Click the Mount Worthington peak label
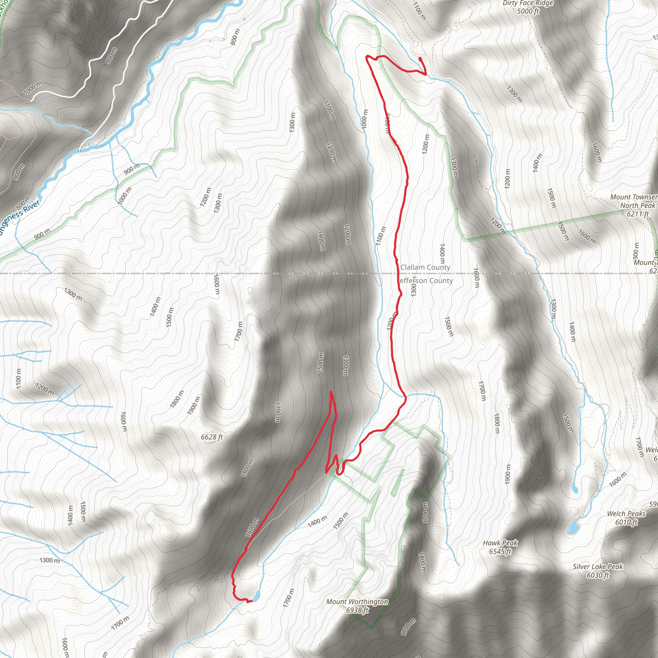coord(357,601)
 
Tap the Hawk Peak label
coord(500,543)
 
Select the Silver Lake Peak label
coord(598,566)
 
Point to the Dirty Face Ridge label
coord(528,4)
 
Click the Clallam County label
coord(425,267)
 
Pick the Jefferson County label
coord(426,280)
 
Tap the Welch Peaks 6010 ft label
coord(626,518)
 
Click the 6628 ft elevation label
coord(212,437)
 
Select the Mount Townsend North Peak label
coord(634,201)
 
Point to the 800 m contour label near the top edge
coord(235,37)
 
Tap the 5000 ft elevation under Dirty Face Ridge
coord(528,11)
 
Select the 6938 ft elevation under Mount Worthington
coord(357,610)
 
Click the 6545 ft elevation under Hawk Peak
coord(500,551)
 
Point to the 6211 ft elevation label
coord(637,214)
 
